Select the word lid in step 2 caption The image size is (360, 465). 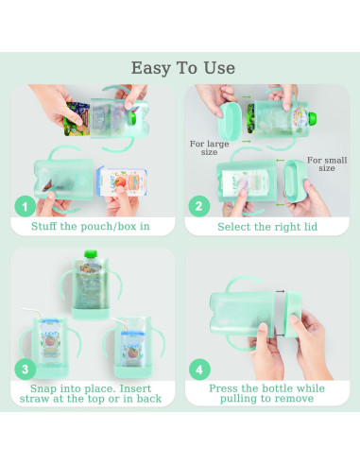[315, 227]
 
